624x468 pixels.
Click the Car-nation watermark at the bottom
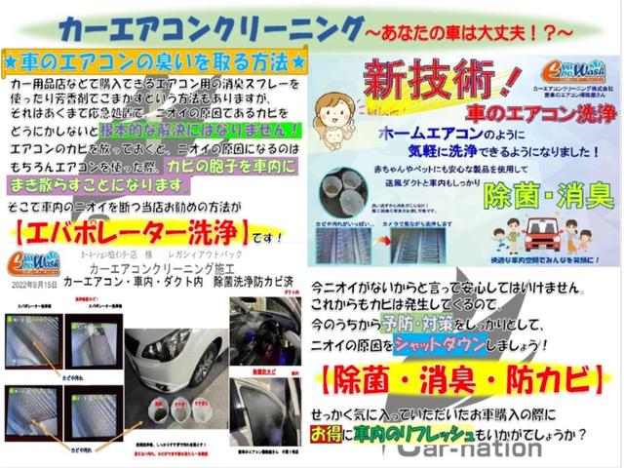point(468,448)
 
